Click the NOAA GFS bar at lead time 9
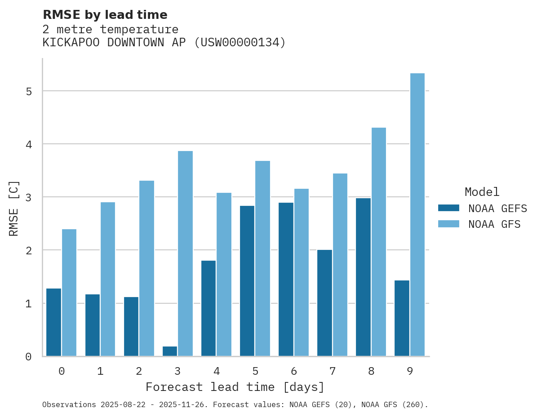417,215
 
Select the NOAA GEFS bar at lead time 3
170,351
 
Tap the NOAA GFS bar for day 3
185,253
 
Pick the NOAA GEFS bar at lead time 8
363,277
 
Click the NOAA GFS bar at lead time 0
69,293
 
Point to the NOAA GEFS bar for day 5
247,281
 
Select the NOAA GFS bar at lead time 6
301,272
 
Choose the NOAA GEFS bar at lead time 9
402,318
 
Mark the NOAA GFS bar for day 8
379,242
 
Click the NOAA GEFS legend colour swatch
448,208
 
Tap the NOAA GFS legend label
494,224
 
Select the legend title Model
482,192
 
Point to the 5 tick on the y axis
29,92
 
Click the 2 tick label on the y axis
29,251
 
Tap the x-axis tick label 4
216,372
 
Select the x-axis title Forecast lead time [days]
235,387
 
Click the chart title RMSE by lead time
105,15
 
